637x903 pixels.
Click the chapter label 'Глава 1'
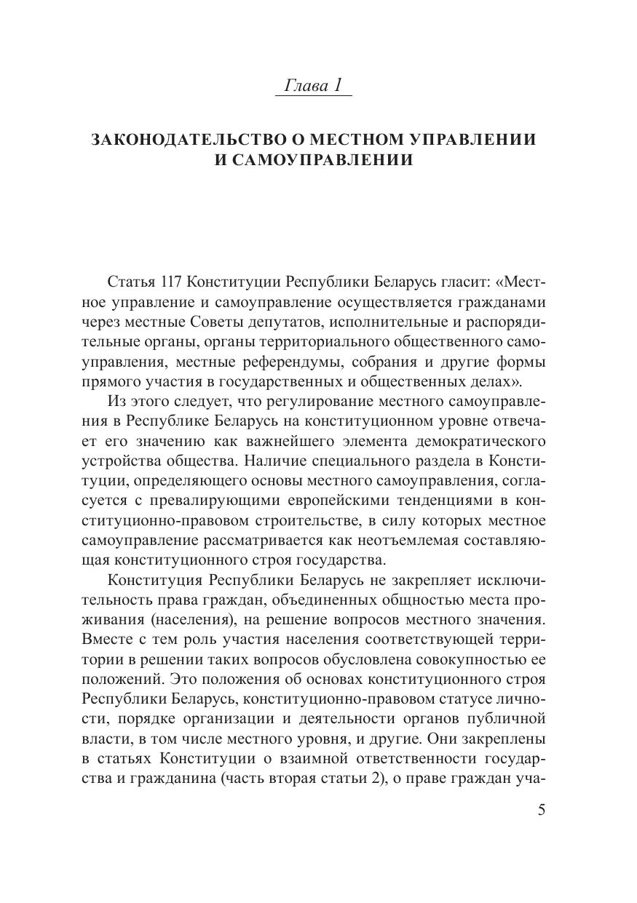click(x=312, y=85)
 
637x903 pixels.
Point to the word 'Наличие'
click(x=273, y=461)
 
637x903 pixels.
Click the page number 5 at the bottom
click(x=541, y=810)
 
